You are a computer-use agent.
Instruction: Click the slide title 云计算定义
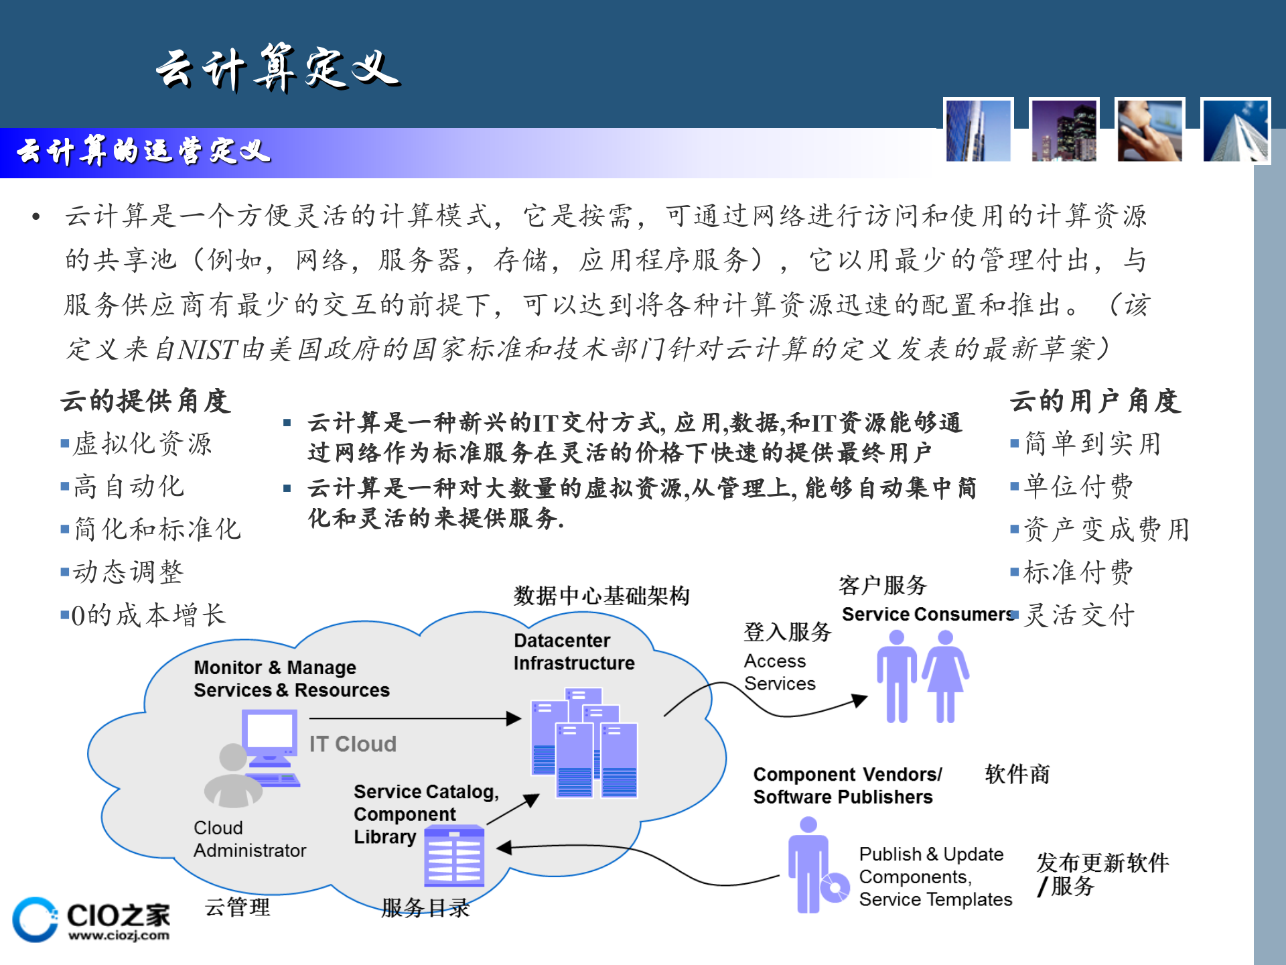click(278, 68)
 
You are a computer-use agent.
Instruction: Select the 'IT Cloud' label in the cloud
click(352, 744)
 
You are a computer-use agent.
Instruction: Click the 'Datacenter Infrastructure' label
click(574, 651)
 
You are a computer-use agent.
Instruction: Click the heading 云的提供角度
click(145, 401)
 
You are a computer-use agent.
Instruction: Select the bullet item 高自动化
click(128, 487)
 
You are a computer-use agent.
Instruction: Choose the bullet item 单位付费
click(1078, 487)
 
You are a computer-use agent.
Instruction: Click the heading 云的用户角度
click(1094, 401)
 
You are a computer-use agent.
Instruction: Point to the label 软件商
click(1017, 774)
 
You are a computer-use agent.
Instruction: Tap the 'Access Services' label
click(780, 672)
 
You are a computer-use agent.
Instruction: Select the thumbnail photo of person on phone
click(1149, 131)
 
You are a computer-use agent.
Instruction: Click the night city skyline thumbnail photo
click(1064, 131)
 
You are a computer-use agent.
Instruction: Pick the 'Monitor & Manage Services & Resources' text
click(291, 679)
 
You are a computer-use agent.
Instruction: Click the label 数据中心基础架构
click(601, 595)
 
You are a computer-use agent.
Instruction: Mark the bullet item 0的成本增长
click(148, 615)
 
